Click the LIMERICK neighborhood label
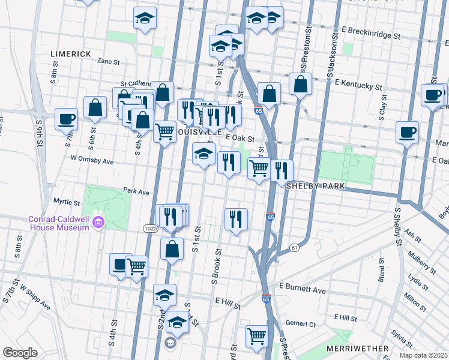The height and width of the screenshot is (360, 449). coord(71,54)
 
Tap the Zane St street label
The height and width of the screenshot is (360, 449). coord(109,61)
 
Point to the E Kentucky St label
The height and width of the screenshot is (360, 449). coord(358,84)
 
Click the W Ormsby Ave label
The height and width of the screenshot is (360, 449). coord(92,161)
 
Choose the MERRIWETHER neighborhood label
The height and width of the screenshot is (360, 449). coord(354,348)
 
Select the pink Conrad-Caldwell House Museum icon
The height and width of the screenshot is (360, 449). coord(98,224)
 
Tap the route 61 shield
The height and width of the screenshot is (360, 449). coord(294,248)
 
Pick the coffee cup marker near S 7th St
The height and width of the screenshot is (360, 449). coord(67,118)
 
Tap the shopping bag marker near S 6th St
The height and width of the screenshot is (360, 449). coord(95,108)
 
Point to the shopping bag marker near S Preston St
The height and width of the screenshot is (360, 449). coord(300,85)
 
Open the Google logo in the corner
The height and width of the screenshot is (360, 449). coord(20,353)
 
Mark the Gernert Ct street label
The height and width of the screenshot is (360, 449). coord(301,323)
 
